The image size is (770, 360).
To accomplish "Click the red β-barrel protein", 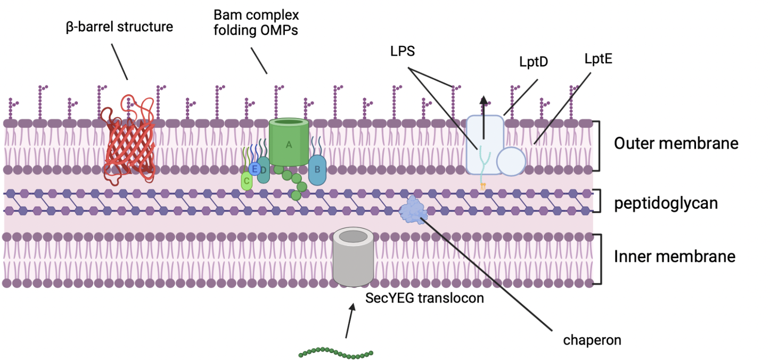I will click(130, 141).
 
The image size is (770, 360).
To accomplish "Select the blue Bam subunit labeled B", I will click(317, 170).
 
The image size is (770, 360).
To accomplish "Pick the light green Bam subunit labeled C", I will click(246, 181).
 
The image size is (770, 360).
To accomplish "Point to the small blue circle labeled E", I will click(255, 169).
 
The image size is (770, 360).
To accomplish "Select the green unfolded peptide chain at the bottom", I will click(335, 353).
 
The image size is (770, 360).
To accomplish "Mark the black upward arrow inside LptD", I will click(483, 117).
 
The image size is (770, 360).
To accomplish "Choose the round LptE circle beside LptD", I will click(511, 161).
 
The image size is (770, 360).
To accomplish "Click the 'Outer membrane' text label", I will click(676, 143).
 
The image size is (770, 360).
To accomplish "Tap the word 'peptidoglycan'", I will click(666, 203).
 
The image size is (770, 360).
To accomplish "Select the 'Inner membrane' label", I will click(675, 256).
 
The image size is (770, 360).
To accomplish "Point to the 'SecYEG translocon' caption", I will click(424, 298).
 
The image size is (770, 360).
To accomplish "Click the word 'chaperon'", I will click(592, 339).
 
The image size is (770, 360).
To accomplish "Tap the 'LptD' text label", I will click(534, 62).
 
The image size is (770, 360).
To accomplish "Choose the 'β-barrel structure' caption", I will click(119, 27).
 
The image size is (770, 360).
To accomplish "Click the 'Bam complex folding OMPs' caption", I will click(256, 22).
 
